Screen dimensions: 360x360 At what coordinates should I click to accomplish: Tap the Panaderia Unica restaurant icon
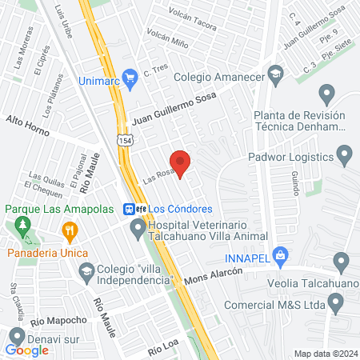click(70, 232)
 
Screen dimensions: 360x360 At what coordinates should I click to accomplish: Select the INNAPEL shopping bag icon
click(279, 256)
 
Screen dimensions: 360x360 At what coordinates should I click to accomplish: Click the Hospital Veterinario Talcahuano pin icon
click(138, 230)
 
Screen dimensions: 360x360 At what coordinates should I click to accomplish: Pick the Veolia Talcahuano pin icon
click(342, 262)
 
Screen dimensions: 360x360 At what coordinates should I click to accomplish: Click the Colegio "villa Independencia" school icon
click(86, 273)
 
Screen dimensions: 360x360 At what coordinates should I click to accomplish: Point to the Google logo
click(27, 350)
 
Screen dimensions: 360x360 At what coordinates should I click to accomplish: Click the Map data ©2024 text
click(325, 354)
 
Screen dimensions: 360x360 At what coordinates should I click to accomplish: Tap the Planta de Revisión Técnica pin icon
click(326, 95)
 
